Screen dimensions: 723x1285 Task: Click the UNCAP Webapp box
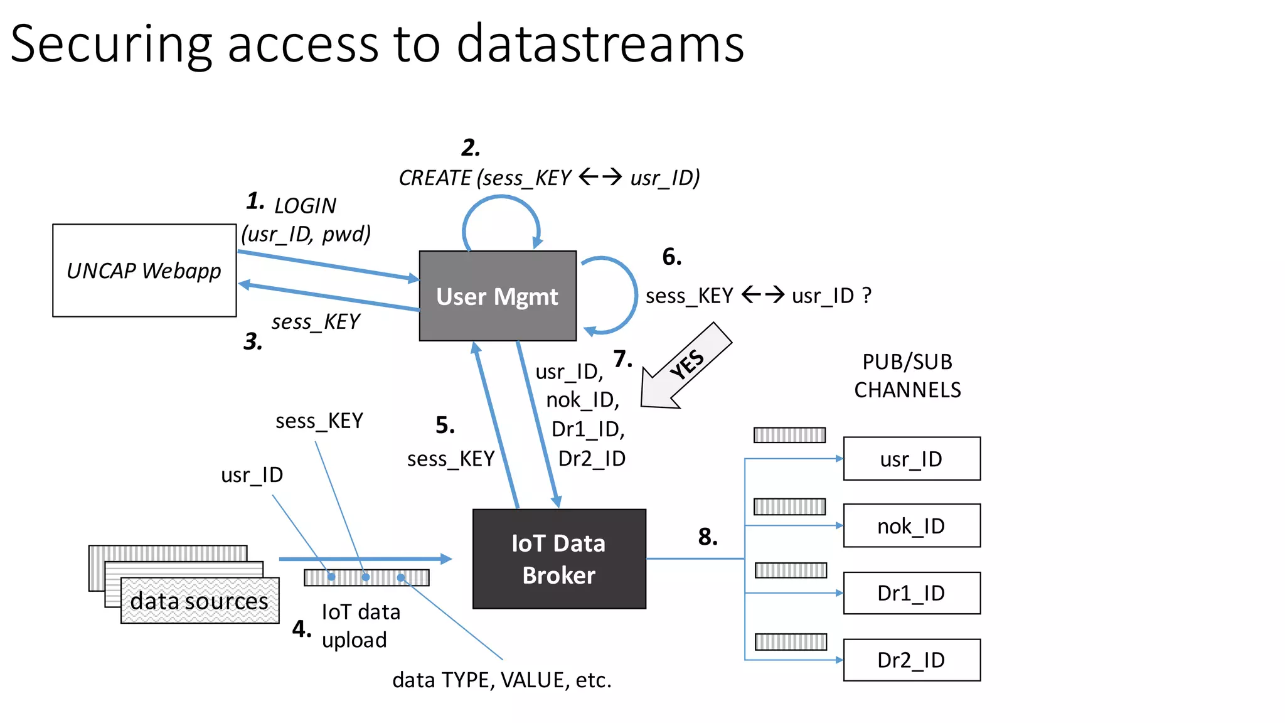pyautogui.click(x=144, y=270)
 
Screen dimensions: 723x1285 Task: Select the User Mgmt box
pyautogui.click(x=497, y=296)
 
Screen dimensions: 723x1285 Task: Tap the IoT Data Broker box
pyautogui.click(x=558, y=559)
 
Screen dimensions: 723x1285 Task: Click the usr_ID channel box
pyautogui.click(x=911, y=459)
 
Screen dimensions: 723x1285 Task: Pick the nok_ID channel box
pyautogui.click(x=911, y=526)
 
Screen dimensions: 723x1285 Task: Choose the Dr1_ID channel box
pyautogui.click(x=911, y=593)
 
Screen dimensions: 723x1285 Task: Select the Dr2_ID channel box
pyautogui.click(x=911, y=660)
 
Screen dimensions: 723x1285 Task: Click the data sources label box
pyautogui.click(x=200, y=601)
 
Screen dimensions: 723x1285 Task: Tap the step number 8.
pyautogui.click(x=708, y=537)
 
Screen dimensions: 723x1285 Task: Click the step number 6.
pyautogui.click(x=672, y=257)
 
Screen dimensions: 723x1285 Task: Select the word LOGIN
pyautogui.click(x=305, y=206)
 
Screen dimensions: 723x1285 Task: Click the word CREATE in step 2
pyautogui.click(x=435, y=178)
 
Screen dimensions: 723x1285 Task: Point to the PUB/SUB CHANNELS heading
pyautogui.click(x=907, y=376)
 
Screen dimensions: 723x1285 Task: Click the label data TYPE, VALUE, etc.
pyautogui.click(x=502, y=680)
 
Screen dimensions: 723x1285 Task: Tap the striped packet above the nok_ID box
pyautogui.click(x=789, y=506)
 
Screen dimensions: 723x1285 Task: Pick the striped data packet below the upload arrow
pyautogui.click(x=366, y=577)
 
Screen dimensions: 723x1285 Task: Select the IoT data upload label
pyautogui.click(x=360, y=626)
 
